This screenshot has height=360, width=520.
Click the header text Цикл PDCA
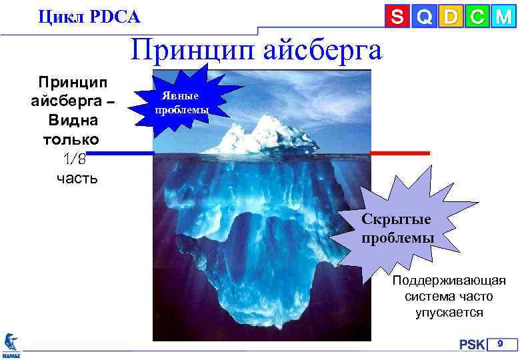(x=89, y=16)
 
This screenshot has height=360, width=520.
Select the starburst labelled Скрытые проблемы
(x=397, y=227)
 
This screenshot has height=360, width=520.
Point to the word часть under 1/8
(x=77, y=177)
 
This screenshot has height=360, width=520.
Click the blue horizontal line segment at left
(x=120, y=153)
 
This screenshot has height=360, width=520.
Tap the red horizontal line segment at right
(x=400, y=153)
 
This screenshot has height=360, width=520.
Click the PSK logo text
(x=471, y=345)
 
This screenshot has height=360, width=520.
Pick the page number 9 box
(x=503, y=344)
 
